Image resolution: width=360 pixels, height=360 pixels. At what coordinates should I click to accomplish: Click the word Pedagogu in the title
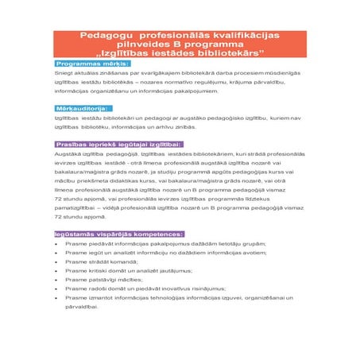click(x=107, y=37)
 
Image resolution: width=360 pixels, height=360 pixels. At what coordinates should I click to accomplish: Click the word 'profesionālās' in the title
click(x=172, y=37)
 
